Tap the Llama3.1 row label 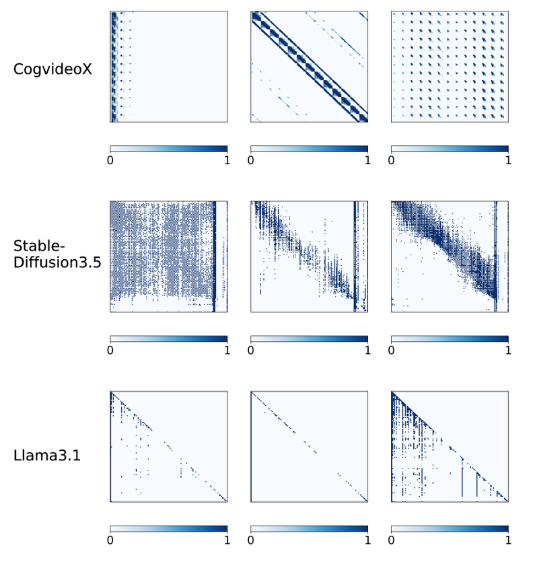[48, 456]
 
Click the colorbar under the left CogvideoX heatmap [168, 149]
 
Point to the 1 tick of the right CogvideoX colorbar [508, 161]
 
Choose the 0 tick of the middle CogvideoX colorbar [251, 161]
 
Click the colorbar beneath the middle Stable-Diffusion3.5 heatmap [309, 339]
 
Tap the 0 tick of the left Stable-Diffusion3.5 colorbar [110, 351]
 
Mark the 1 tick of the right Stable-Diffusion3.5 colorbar [508, 351]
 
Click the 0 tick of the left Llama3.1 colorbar [110, 540]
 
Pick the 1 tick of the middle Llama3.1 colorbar [367, 540]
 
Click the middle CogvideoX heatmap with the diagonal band [309, 67]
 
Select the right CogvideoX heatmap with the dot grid [449, 67]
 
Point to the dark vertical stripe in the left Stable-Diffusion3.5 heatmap [215, 256]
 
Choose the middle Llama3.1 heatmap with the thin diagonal [309, 446]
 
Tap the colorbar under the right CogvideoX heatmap [449, 149]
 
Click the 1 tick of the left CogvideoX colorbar [227, 161]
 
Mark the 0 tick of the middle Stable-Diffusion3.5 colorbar [251, 351]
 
